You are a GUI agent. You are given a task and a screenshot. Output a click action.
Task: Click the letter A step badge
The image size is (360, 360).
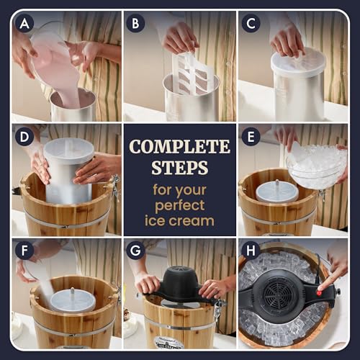(24, 24)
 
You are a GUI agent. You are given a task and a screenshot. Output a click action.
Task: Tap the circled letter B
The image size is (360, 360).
(135, 24)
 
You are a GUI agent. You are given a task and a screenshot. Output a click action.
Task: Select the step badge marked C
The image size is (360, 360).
(251, 24)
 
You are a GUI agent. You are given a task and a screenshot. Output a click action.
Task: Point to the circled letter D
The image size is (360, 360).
(24, 137)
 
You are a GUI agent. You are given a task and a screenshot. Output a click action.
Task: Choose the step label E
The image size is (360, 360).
(251, 137)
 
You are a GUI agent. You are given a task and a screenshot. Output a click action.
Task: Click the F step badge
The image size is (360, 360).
(24, 251)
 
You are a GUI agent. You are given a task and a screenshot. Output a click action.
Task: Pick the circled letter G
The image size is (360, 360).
(135, 251)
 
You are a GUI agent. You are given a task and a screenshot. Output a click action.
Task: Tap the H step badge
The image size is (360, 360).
(251, 251)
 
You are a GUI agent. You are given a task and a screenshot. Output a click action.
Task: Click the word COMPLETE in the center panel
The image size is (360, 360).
(180, 147)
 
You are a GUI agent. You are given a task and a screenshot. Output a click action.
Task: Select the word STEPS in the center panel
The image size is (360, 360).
(180, 168)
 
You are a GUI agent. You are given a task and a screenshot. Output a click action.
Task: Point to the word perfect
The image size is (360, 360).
(180, 206)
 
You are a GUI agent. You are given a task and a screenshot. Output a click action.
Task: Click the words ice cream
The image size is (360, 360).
(179, 221)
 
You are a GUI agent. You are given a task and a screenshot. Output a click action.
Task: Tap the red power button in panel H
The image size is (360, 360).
(319, 293)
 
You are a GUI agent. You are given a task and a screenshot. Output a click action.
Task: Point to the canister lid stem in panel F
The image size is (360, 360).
(72, 292)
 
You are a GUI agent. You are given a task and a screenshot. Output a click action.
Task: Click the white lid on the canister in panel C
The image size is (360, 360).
(298, 62)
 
